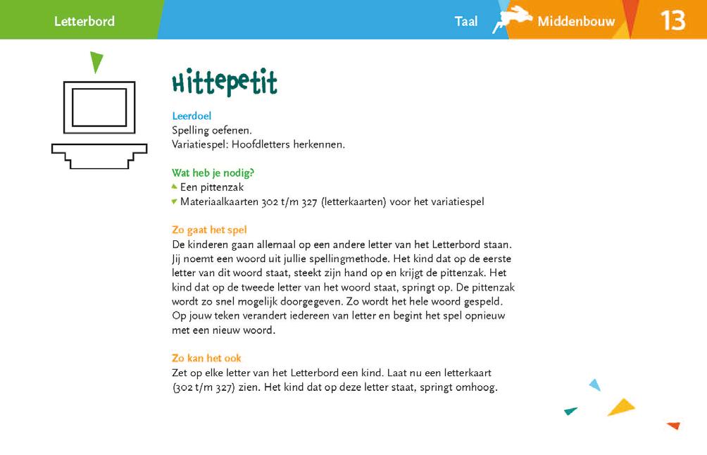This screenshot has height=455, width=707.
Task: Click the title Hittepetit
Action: click(224, 83)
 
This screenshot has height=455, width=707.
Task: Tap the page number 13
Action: click(672, 20)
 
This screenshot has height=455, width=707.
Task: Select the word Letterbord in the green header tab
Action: click(84, 21)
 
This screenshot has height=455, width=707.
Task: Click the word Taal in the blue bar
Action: click(466, 21)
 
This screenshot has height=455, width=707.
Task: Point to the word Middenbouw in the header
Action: click(576, 21)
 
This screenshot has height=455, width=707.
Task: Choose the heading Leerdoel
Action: click(192, 116)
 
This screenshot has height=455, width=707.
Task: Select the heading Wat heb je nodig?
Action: click(213, 173)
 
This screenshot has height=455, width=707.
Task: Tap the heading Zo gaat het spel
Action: click(209, 230)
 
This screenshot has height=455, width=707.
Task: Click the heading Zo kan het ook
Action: click(206, 358)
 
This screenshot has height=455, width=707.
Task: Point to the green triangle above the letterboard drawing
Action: click(96, 62)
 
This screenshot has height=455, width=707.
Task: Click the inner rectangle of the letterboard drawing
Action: click(99, 107)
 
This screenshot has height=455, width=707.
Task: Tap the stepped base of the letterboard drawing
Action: click(99, 154)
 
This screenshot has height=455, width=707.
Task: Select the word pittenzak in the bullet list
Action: click(221, 187)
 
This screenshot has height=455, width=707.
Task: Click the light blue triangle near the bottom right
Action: click(595, 385)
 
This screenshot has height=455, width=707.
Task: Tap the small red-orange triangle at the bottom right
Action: click(674, 425)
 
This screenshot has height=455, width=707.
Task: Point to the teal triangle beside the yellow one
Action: click(570, 411)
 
